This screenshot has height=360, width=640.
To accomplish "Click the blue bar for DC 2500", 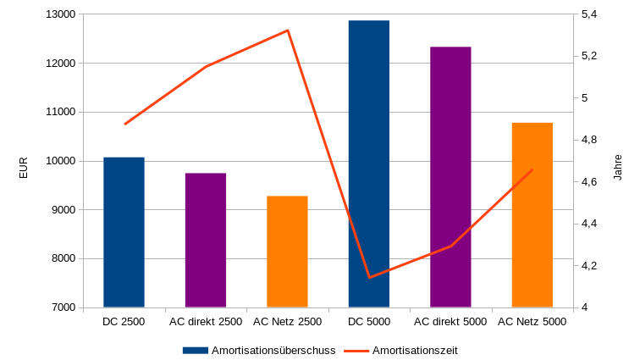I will pos(124,232).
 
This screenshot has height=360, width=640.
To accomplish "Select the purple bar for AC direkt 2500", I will pos(206,240).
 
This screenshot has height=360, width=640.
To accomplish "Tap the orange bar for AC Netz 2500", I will pos(287,252).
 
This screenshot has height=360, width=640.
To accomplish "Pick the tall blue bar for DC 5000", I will pos(369,163).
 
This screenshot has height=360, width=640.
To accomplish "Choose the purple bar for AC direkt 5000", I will pos(450,177).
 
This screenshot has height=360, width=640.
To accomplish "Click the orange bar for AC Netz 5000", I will pos(532,215).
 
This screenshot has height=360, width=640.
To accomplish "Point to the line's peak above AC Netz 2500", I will pos(288,30).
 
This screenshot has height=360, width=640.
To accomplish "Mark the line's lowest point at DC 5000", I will pos(369,277).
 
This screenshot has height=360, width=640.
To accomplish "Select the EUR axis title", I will pos(24,168).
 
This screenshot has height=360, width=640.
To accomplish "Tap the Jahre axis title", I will pos(617,168).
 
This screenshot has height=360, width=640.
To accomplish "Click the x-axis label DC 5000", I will pos(369,322).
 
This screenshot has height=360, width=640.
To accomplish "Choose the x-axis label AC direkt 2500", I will pos(206,322).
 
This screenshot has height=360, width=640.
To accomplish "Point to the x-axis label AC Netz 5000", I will pos(532,322).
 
